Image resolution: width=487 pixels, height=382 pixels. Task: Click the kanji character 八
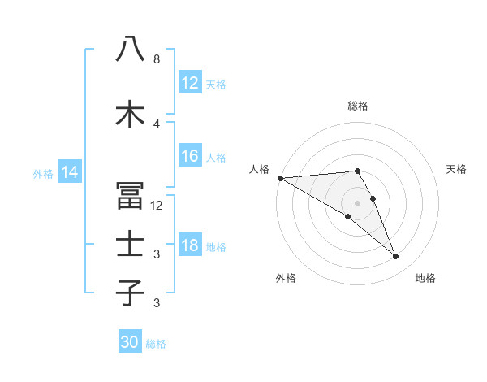(131, 49)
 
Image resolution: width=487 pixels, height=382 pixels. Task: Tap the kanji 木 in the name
(131, 114)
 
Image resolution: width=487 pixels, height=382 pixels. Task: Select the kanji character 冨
(131, 196)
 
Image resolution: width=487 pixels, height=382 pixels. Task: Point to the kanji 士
(131, 244)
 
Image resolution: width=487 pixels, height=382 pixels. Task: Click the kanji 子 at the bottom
(131, 293)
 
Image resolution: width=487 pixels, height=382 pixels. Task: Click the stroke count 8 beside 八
(157, 59)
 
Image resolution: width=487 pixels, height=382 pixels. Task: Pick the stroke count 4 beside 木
(157, 124)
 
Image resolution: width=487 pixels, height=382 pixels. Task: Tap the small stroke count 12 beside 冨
(157, 206)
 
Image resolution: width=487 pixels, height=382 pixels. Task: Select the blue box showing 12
(190, 83)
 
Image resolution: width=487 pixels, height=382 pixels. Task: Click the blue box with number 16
(190, 157)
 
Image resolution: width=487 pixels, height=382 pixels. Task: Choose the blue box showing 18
(190, 245)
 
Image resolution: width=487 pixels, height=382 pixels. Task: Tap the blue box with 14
(70, 172)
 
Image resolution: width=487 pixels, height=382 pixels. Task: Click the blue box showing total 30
(130, 342)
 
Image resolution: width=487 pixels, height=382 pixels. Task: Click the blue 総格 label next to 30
(156, 344)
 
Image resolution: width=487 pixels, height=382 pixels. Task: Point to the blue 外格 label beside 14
(43, 173)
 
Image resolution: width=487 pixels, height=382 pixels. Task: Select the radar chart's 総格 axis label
(358, 106)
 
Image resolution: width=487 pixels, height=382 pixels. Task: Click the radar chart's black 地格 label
(425, 278)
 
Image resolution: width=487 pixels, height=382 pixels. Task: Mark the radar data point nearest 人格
(280, 177)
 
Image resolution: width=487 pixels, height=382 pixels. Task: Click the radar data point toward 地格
(396, 257)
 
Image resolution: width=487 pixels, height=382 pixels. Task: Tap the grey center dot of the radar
(358, 202)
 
